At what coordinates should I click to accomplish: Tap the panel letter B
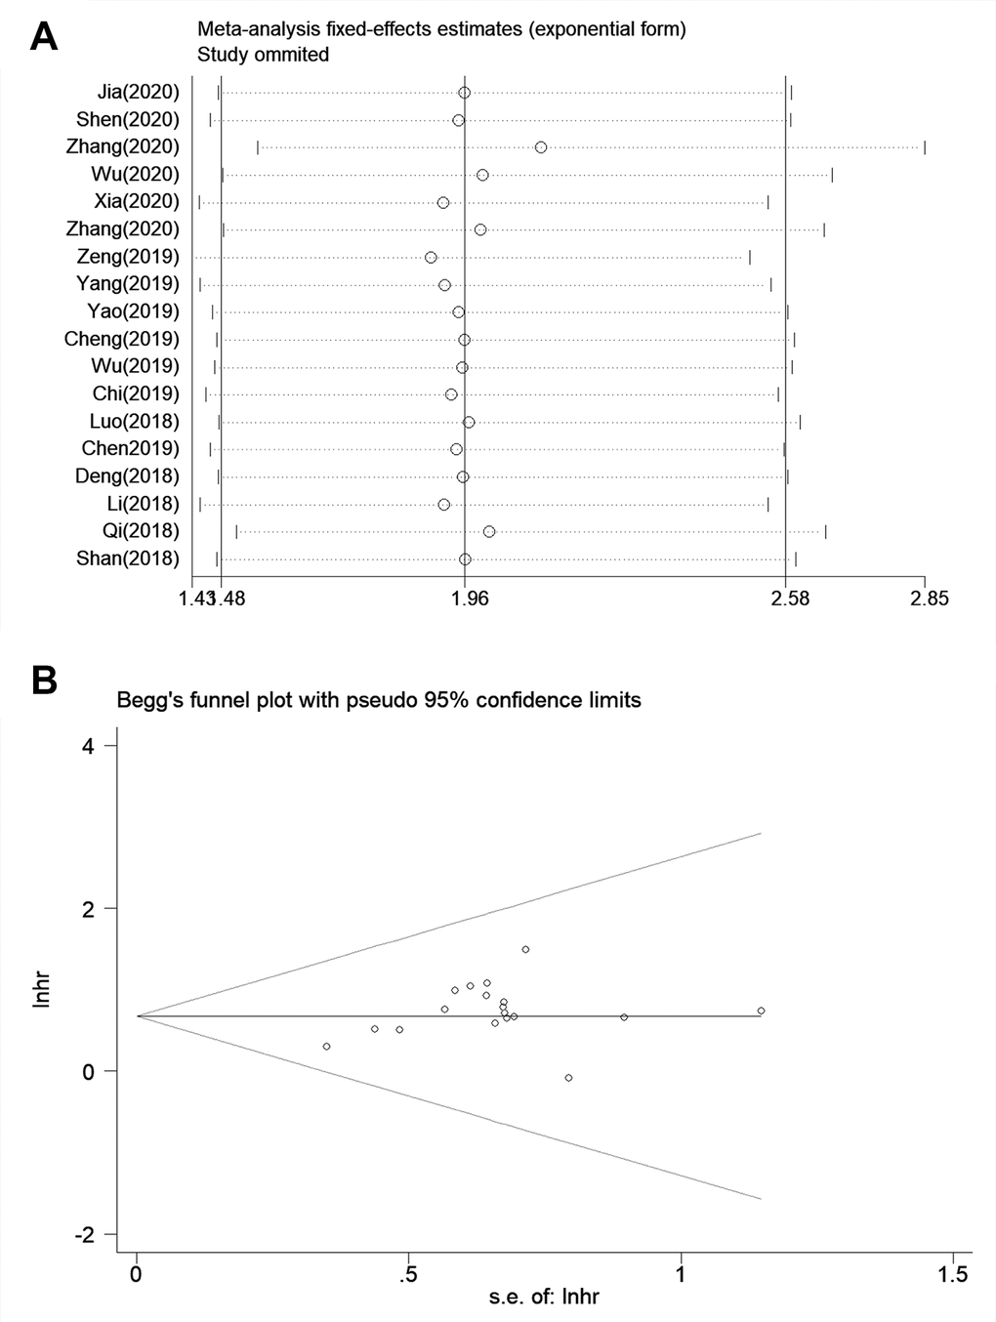[x=44, y=681]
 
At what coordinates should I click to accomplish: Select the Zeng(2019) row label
[x=128, y=257]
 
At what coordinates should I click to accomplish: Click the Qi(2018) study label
[x=141, y=531]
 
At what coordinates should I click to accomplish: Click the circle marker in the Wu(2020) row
[x=482, y=175]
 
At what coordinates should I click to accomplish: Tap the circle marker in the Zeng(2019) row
[x=431, y=257]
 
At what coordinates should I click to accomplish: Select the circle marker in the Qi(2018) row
[x=488, y=531]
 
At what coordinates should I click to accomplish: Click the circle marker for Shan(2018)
[x=465, y=558]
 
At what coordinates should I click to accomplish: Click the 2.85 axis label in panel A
[x=929, y=599]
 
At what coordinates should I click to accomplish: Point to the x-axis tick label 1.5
[x=952, y=1274]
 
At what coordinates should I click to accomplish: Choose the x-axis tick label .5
[x=408, y=1274]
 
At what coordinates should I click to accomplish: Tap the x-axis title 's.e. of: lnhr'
[x=544, y=1298]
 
